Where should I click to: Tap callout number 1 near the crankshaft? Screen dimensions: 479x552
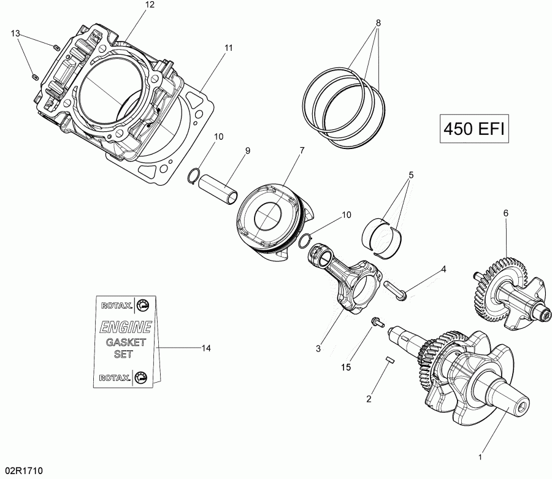(x=480, y=456)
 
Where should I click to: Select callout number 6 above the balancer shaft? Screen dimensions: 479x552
(x=506, y=213)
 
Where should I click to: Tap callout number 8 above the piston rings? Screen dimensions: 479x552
(x=378, y=23)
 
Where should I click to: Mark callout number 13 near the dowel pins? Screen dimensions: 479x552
(x=15, y=33)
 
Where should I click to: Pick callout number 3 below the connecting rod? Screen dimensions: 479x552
(x=318, y=348)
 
